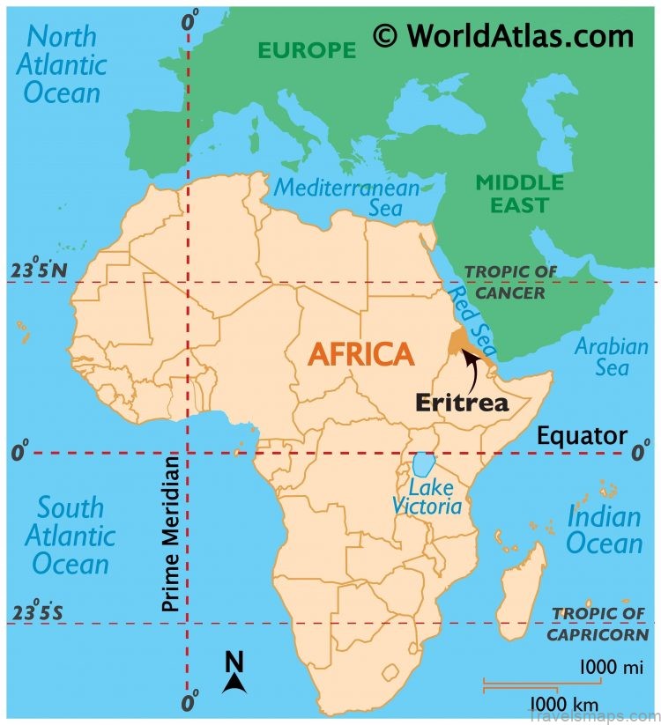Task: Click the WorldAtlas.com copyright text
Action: (x=502, y=35)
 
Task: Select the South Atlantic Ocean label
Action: (x=69, y=536)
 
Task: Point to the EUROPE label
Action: (x=308, y=50)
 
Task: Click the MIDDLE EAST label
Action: (x=519, y=194)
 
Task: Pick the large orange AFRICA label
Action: (x=360, y=354)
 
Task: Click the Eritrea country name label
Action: (x=462, y=403)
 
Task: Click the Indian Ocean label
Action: (x=604, y=529)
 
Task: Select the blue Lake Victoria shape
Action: (x=423, y=464)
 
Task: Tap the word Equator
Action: (x=582, y=435)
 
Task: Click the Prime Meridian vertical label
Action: (x=170, y=532)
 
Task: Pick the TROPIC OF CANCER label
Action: (x=505, y=282)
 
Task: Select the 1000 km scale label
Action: (x=563, y=705)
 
